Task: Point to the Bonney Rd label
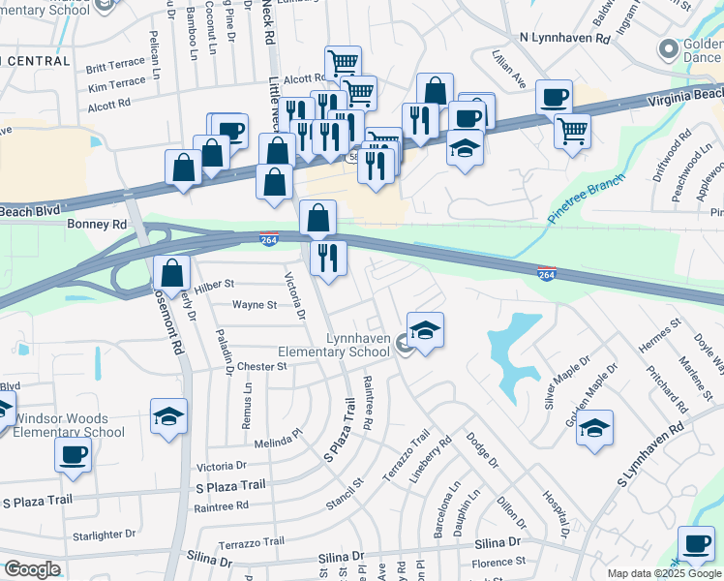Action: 98,224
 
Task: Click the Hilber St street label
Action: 215,285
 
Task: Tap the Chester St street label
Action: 262,367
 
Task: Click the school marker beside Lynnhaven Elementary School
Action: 426,330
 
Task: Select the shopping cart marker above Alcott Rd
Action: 343,63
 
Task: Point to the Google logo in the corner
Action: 33,569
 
